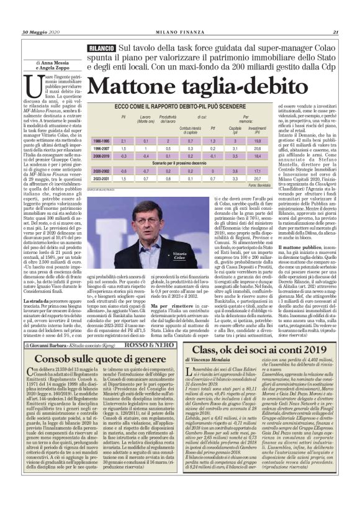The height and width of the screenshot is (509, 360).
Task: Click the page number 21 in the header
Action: pyautogui.click(x=335, y=15)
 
